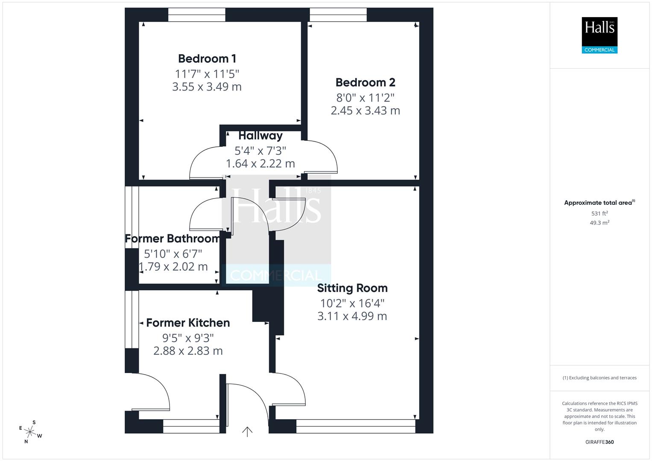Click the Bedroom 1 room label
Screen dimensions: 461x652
coord(207,58)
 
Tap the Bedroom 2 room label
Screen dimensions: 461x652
coord(365,82)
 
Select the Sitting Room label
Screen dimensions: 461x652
coord(352,288)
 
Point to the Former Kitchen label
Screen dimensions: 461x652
coord(188,323)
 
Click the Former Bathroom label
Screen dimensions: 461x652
coord(173,239)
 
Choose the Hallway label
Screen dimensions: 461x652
coord(260,136)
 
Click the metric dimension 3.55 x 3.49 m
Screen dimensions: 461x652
coord(207,87)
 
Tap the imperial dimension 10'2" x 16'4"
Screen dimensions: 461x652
coord(352,303)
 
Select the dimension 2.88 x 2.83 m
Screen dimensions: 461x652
coord(188,351)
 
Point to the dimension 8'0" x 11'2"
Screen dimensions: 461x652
coord(365,98)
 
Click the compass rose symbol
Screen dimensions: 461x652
coord(30,432)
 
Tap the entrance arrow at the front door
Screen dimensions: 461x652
coord(247,432)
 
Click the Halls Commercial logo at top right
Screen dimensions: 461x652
coord(599,35)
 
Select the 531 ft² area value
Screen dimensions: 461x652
coord(599,213)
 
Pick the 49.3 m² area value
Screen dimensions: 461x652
coord(599,223)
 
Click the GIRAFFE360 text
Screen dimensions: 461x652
coord(599,442)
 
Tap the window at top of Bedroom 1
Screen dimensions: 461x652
coord(196,15)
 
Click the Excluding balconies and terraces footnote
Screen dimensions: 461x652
coord(599,378)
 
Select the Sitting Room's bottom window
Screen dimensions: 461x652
coord(355,426)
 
